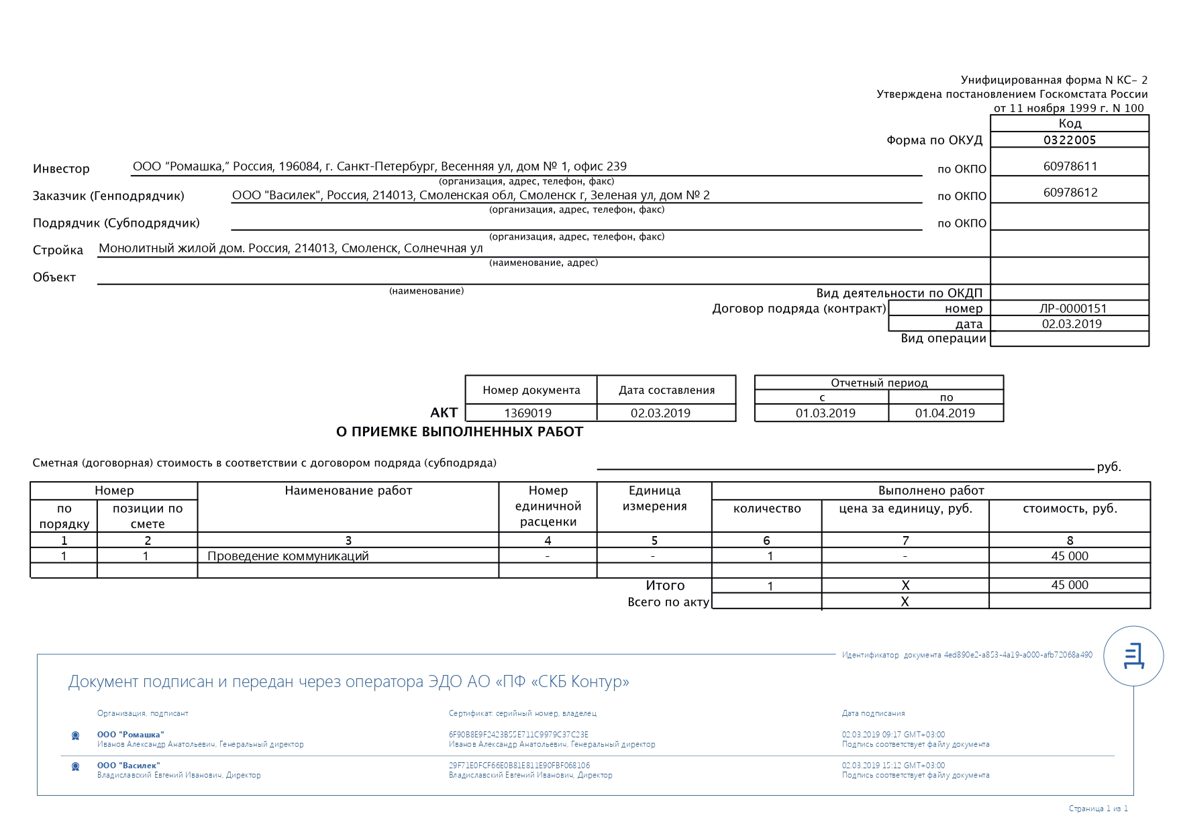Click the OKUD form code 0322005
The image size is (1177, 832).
pyautogui.click(x=1070, y=140)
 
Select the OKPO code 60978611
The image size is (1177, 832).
pyautogui.click(x=1070, y=166)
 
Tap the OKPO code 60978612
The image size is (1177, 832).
pyautogui.click(x=1070, y=193)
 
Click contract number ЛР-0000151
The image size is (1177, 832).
pyautogui.click(x=1072, y=309)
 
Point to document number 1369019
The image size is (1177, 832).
pyautogui.click(x=527, y=413)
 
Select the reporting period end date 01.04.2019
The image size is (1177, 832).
pyautogui.click(x=945, y=413)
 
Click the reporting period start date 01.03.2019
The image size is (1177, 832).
pyautogui.click(x=825, y=413)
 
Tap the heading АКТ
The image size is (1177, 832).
pyautogui.click(x=444, y=413)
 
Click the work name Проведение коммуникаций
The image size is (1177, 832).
pyautogui.click(x=288, y=556)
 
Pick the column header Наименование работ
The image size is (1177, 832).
pyautogui.click(x=348, y=490)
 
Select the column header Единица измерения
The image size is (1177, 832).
pyautogui.click(x=654, y=499)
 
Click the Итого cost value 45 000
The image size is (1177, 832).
pyautogui.click(x=1069, y=585)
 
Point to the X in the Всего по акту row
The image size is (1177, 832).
pyautogui.click(x=905, y=602)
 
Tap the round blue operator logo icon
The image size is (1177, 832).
pyautogui.click(x=1133, y=656)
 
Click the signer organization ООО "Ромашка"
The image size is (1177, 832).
pyautogui.click(x=130, y=735)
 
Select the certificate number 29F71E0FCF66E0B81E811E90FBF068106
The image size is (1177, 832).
pyautogui.click(x=519, y=766)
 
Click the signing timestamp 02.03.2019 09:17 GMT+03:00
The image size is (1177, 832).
pyautogui.click(x=893, y=735)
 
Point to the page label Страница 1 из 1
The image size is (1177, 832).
pyautogui.click(x=1098, y=809)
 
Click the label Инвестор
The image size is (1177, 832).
pyautogui.click(x=61, y=169)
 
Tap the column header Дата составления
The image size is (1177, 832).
pyautogui.click(x=666, y=391)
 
